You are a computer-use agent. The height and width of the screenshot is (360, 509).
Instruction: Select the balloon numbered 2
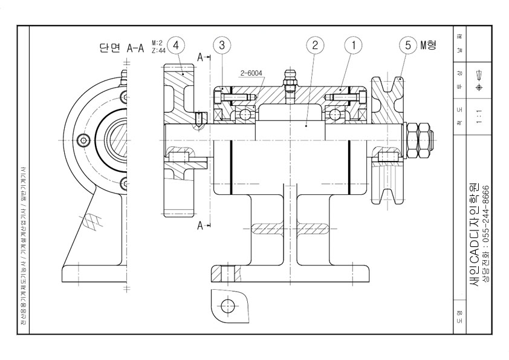(314, 45)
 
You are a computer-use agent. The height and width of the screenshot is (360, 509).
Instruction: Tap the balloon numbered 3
(222, 45)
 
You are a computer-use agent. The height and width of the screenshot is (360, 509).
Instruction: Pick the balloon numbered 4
(176, 45)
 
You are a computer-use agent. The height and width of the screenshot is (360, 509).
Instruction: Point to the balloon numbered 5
(408, 45)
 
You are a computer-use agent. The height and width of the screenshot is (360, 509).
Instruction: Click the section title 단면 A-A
(122, 48)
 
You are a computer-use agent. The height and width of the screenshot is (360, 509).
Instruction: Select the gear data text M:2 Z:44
(158, 47)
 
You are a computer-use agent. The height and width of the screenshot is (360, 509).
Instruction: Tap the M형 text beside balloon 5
(429, 45)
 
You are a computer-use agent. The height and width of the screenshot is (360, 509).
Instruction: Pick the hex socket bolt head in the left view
(83, 140)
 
